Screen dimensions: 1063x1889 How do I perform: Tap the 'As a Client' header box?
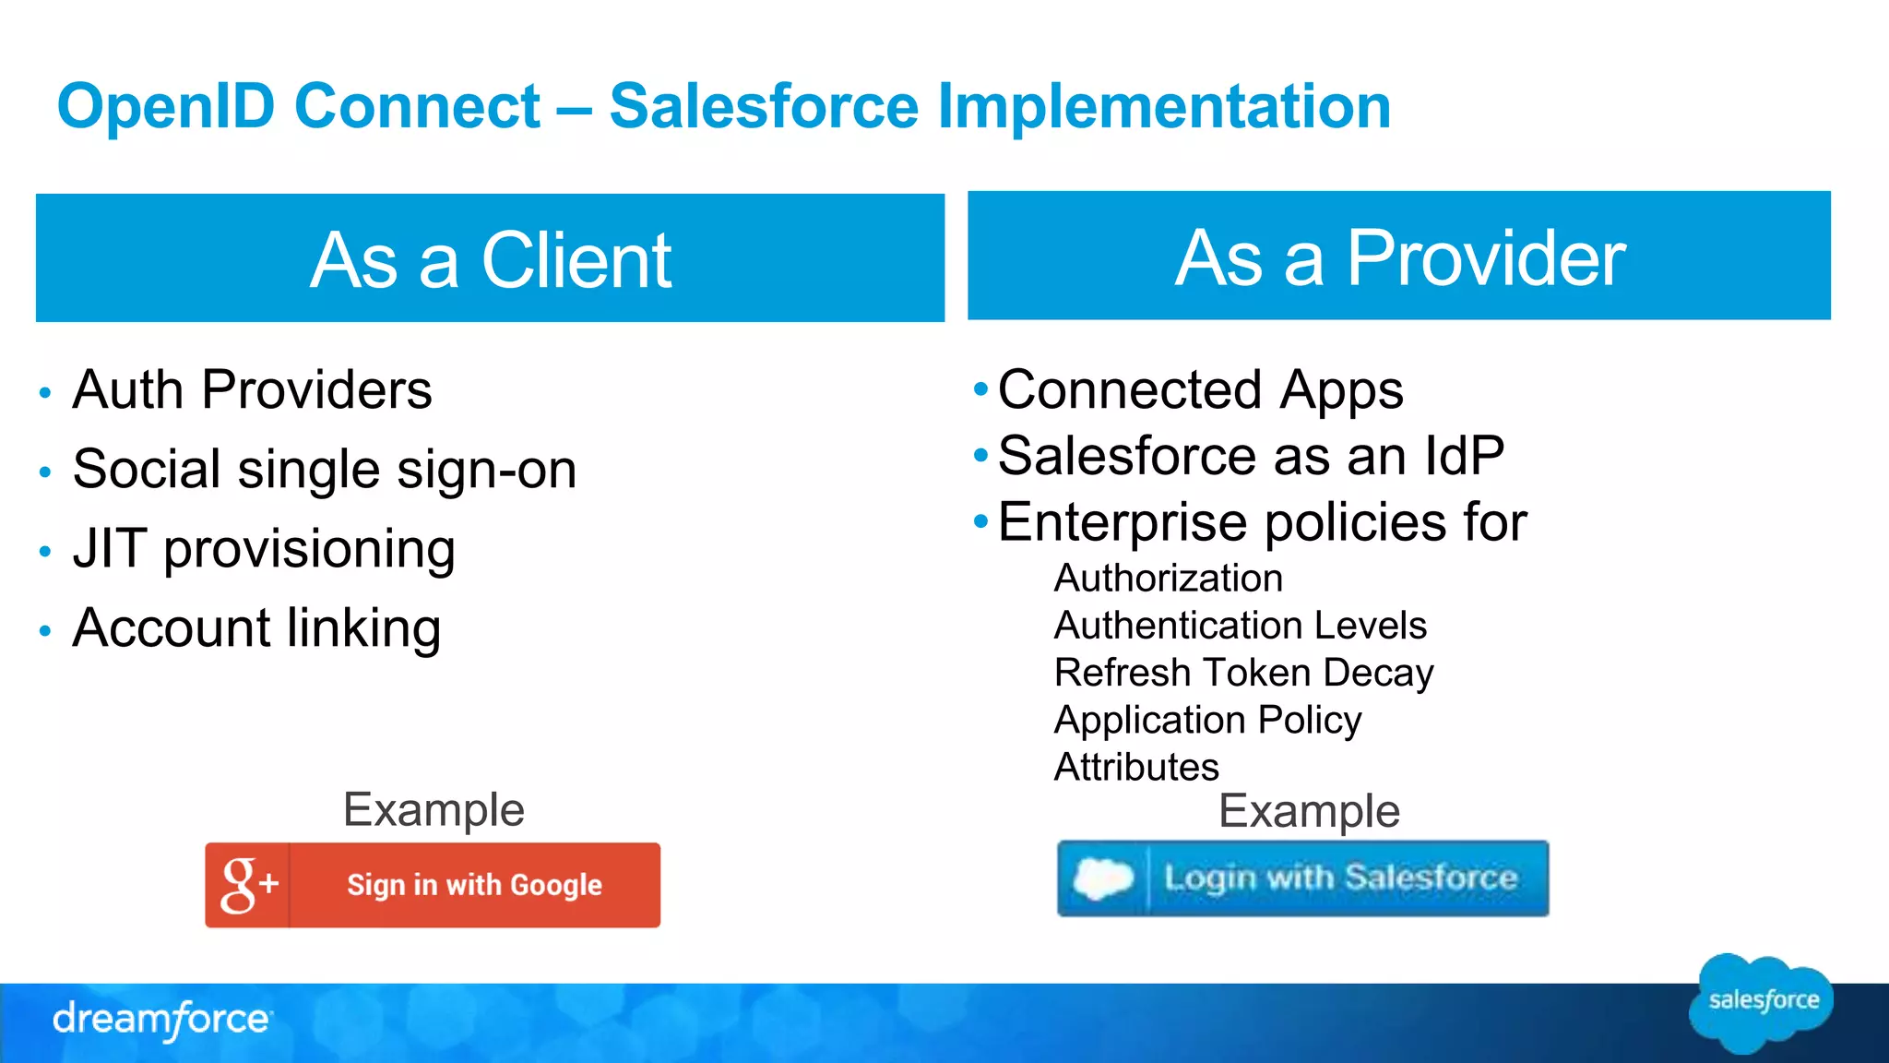tap(490, 258)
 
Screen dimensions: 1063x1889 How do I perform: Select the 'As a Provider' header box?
tap(1398, 257)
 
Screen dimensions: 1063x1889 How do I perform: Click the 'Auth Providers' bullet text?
tap(252, 389)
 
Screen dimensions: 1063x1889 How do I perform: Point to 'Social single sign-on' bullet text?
tap(324, 469)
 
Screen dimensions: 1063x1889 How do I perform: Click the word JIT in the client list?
tap(110, 548)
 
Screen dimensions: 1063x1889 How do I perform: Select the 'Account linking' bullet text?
tap(256, 627)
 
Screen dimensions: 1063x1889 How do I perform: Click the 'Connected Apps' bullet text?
tap(1200, 389)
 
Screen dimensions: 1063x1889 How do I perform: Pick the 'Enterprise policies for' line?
tap(1262, 522)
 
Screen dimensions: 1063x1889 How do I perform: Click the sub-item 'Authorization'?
tap(1168, 579)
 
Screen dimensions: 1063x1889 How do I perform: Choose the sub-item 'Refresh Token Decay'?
tap(1243, 673)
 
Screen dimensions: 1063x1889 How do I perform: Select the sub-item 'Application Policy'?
tap(1207, 720)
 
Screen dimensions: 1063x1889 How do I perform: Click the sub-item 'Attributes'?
tap(1136, 767)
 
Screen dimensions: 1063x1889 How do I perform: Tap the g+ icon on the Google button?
tap(247, 884)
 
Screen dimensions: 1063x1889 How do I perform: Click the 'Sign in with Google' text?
tap(474, 885)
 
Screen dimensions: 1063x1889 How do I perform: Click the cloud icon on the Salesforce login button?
tap(1102, 878)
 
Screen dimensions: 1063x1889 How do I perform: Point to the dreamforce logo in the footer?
tap(161, 1020)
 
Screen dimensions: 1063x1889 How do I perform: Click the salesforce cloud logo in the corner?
tap(1763, 1001)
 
